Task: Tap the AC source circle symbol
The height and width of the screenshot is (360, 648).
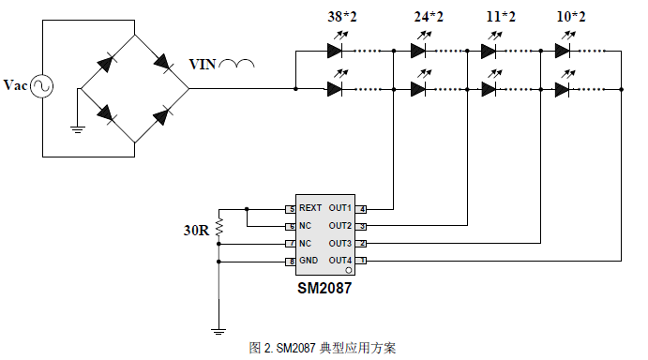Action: click(x=41, y=86)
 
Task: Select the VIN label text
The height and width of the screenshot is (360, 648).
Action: click(x=203, y=65)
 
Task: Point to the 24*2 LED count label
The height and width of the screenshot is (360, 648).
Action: click(x=429, y=17)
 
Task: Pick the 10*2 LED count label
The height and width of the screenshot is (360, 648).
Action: click(x=570, y=17)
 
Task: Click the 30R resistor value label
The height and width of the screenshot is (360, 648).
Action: click(x=195, y=230)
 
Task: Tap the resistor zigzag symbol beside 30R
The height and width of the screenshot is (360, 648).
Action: click(x=219, y=227)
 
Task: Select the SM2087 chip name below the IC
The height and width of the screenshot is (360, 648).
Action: click(x=324, y=289)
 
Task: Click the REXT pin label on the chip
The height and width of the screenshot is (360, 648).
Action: click(x=310, y=208)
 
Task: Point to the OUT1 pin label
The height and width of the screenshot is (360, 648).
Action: click(x=340, y=208)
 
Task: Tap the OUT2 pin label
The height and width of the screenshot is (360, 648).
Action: click(x=340, y=226)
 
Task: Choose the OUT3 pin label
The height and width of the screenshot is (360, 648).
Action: click(x=340, y=243)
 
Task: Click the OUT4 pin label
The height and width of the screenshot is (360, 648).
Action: click(x=340, y=261)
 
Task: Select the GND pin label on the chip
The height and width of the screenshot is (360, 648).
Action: click(x=309, y=261)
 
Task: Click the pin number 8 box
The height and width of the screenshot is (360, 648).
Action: click(x=292, y=261)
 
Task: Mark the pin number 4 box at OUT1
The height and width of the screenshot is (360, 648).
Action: click(x=362, y=208)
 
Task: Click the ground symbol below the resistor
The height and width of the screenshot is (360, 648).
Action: click(x=219, y=330)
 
